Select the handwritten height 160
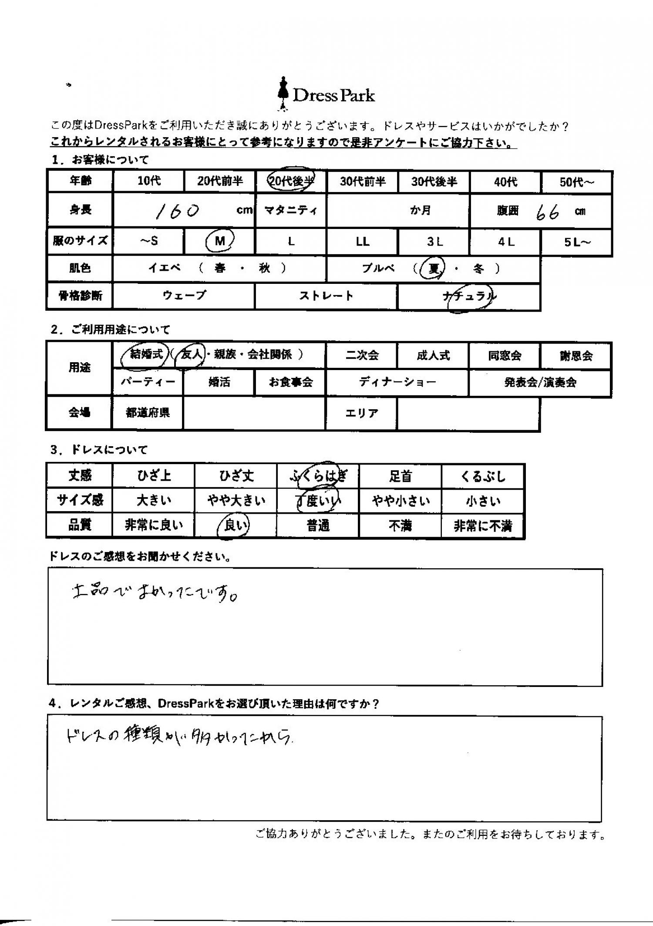(177, 211)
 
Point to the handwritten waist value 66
(547, 212)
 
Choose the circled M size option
(220, 241)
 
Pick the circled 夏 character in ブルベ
(434, 269)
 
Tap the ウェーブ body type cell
(184, 296)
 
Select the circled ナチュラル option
(469, 297)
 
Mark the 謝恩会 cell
(576, 356)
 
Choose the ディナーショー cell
(397, 382)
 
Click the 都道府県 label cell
(148, 413)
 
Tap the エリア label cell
(361, 413)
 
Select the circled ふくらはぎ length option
(318, 476)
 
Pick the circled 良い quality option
(235, 526)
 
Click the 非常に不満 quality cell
(482, 526)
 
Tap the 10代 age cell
(149, 181)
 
